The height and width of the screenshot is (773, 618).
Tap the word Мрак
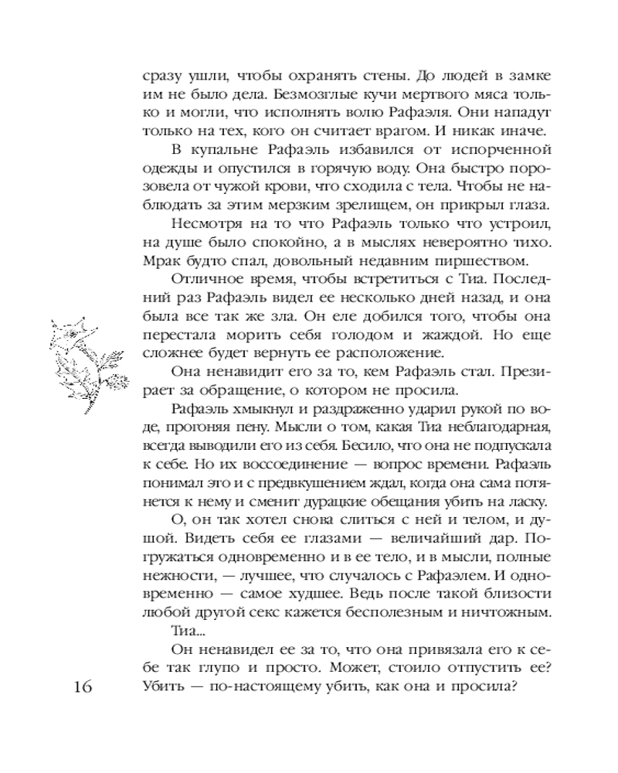[x=161, y=260]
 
